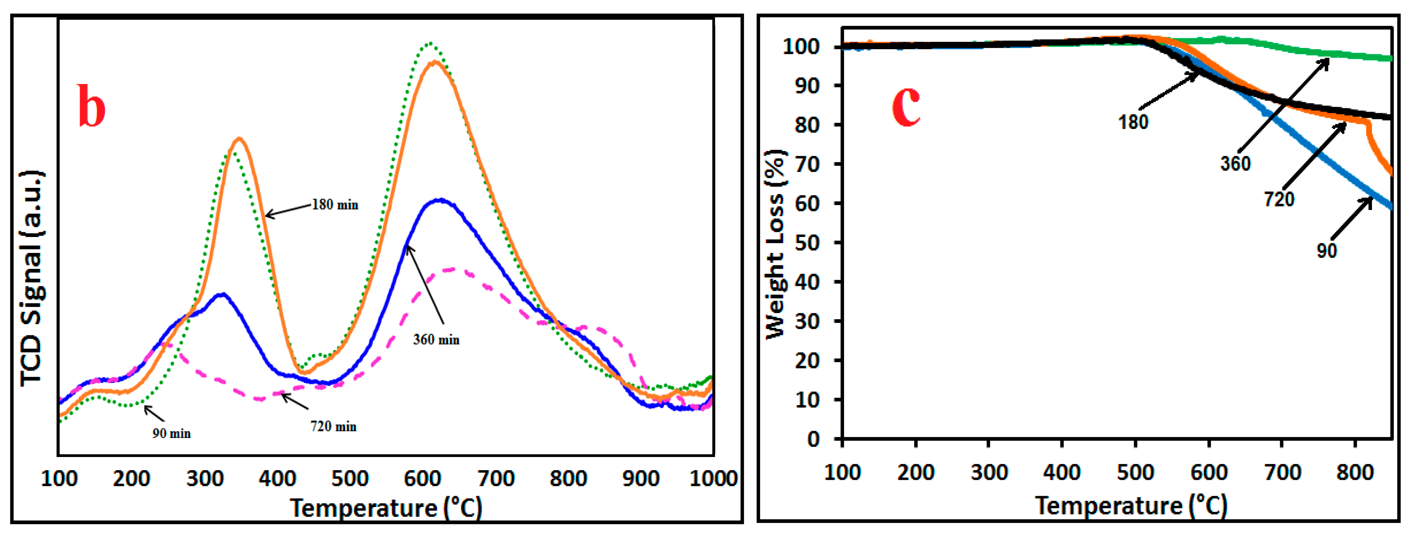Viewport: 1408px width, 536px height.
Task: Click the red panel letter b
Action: (91, 107)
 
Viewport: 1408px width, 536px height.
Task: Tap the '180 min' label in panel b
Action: (335, 205)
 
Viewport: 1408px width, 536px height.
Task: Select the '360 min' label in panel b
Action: (436, 340)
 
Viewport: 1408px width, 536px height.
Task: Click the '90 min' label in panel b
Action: (171, 434)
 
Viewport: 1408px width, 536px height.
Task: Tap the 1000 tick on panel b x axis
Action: (713, 479)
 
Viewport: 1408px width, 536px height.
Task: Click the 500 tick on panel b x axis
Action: (350, 479)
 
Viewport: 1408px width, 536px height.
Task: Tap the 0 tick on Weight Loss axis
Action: (813, 439)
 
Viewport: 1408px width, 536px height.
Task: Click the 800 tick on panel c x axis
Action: (1355, 472)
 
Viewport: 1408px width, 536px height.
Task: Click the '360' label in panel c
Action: (1235, 163)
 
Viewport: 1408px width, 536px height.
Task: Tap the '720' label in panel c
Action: (1279, 199)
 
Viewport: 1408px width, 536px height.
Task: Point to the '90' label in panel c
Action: (1327, 251)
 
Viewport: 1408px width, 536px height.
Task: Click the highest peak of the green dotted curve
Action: (431, 43)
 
